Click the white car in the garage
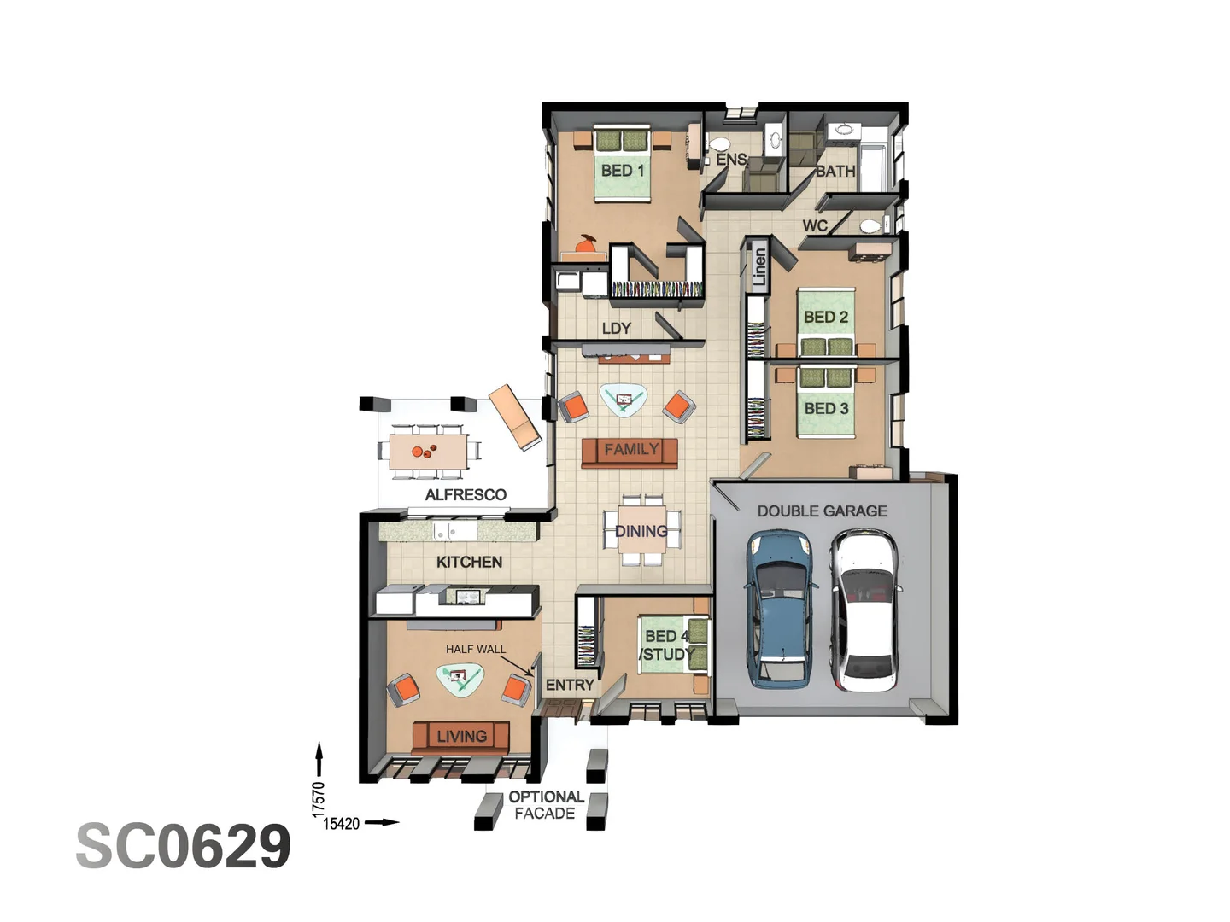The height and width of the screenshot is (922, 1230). tap(864, 609)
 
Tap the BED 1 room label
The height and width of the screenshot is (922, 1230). tap(623, 171)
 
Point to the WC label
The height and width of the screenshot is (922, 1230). tap(815, 225)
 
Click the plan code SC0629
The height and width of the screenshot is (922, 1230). tap(184, 846)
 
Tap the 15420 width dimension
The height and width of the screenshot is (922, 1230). tap(342, 824)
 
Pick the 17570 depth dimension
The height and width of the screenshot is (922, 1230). tap(319, 798)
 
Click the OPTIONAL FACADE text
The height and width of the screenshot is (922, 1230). tap(546, 805)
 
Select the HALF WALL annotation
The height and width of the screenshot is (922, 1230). tap(475, 649)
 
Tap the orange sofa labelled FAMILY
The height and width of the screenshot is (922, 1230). tap(630, 452)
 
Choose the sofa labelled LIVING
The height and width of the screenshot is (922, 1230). tap(461, 735)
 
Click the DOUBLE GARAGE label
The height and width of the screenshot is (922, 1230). tap(822, 511)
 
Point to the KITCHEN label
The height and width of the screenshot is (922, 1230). tap(469, 562)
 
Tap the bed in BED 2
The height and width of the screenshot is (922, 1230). tap(826, 322)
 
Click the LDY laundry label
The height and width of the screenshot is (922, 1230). tap(616, 328)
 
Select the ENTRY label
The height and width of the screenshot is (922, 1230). tap(570, 685)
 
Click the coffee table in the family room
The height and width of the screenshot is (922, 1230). tap(623, 399)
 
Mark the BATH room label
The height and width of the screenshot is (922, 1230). tap(835, 171)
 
